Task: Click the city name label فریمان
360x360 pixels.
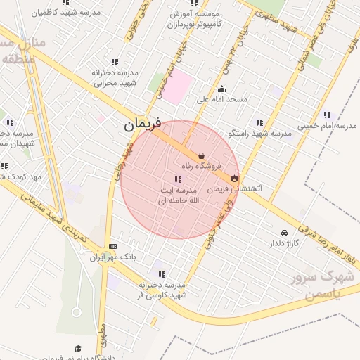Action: (x=143, y=124)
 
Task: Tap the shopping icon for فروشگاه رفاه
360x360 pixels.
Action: (x=202, y=155)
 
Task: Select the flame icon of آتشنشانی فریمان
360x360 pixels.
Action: (x=234, y=179)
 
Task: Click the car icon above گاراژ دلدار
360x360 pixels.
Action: (x=283, y=233)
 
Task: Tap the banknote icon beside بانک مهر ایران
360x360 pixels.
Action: (x=113, y=246)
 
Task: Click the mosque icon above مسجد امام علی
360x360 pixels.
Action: (x=222, y=89)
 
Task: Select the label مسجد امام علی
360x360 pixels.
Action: (x=222, y=99)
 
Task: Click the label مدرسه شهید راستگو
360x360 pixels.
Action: (x=260, y=133)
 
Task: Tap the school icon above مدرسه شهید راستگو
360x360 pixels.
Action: (x=260, y=122)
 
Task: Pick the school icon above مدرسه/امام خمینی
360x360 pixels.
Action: (x=327, y=115)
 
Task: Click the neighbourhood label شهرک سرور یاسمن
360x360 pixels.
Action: (x=326, y=285)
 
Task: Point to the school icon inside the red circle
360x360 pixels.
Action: (x=177, y=180)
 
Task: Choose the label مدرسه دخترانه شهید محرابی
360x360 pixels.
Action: (x=114, y=77)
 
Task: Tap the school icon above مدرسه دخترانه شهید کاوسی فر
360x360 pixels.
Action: (x=162, y=274)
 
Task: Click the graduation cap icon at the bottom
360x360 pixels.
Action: (x=78, y=348)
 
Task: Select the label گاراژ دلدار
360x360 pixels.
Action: (x=283, y=243)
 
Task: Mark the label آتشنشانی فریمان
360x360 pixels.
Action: (x=236, y=189)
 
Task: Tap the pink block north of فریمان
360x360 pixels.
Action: (x=178, y=88)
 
